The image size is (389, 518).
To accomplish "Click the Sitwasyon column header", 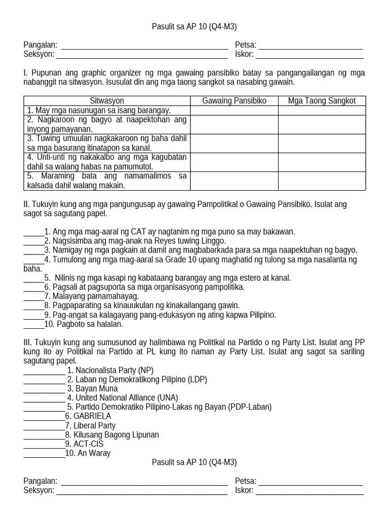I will (x=107, y=101).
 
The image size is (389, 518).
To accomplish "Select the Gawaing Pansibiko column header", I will (x=234, y=101).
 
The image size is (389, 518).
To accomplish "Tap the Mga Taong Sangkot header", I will (x=322, y=101).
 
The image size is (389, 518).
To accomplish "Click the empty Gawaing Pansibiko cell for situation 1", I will (x=234, y=110).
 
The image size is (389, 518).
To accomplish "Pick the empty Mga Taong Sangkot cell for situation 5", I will (x=322, y=181).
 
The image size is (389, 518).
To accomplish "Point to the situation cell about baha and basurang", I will (x=107, y=143).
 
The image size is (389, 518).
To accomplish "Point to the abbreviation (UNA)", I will (x=168, y=398).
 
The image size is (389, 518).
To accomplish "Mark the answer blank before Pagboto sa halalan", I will (x=33, y=324).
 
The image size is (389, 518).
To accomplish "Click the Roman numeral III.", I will (x=27, y=342).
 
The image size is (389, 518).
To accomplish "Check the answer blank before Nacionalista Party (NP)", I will (x=44, y=370).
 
